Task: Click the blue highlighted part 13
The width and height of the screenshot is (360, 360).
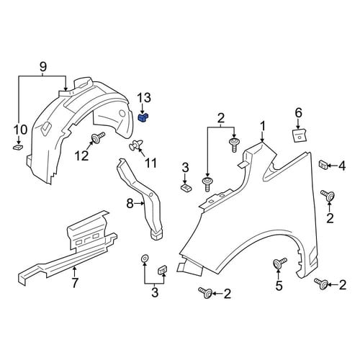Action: (x=143, y=118)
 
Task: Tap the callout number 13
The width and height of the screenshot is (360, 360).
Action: (x=144, y=98)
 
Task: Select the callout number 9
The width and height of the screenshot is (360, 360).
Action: (x=43, y=67)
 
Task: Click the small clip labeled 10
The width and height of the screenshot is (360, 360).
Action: (x=18, y=147)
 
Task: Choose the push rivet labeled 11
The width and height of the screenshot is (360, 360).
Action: (x=135, y=145)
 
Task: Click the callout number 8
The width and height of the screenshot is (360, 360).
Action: (x=130, y=204)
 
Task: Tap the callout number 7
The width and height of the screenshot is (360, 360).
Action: (x=75, y=283)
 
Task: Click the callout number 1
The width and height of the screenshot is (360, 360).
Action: (x=263, y=126)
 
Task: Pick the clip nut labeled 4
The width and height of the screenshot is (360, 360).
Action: (x=323, y=165)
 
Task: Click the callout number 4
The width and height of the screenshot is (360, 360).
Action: (x=342, y=166)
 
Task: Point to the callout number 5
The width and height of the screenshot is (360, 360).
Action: (x=279, y=286)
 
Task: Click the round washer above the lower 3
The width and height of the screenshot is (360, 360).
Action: (x=145, y=258)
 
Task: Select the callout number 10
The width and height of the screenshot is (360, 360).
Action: (x=20, y=130)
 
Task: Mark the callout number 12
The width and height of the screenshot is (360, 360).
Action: (x=82, y=156)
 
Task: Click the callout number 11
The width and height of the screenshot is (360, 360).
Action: (x=150, y=163)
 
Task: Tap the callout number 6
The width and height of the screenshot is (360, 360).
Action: (x=298, y=113)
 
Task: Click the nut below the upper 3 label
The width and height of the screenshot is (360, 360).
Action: (x=186, y=186)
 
